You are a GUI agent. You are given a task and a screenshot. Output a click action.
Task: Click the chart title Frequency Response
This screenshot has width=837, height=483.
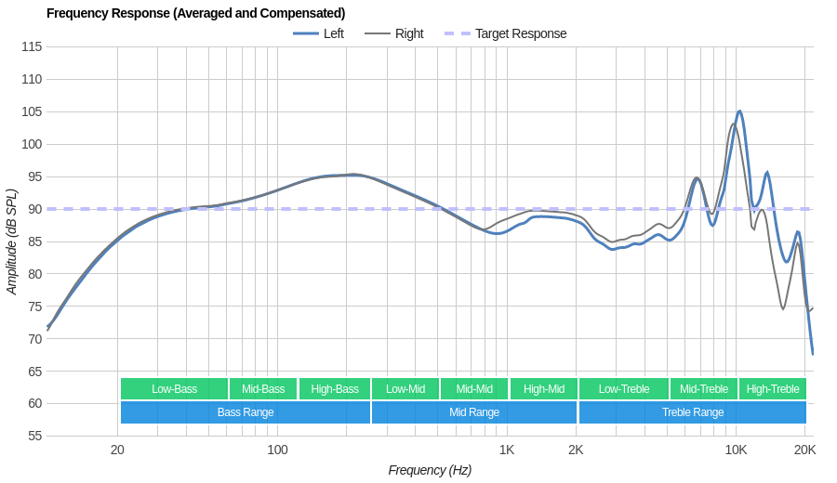click(x=195, y=13)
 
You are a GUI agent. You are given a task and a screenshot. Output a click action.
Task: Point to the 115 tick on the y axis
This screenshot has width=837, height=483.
click(x=31, y=46)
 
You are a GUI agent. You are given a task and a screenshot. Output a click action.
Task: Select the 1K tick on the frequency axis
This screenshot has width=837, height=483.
click(x=506, y=450)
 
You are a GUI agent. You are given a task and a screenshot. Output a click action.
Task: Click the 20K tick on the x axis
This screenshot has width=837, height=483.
click(x=804, y=450)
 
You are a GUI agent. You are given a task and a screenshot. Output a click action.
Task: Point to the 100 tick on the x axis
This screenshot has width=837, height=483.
click(x=277, y=450)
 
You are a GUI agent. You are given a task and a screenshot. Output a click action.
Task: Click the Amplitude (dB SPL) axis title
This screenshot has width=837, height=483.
click(x=12, y=241)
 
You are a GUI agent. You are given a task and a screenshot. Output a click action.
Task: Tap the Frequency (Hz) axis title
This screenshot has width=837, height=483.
click(x=430, y=470)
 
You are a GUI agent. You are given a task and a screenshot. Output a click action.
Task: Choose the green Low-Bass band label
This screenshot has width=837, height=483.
click(x=174, y=389)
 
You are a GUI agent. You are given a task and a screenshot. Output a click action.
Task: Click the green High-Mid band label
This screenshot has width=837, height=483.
click(x=543, y=389)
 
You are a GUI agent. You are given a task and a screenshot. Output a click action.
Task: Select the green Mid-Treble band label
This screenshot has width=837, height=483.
click(x=704, y=389)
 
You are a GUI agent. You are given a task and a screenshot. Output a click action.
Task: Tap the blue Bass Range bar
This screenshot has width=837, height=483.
click(x=246, y=412)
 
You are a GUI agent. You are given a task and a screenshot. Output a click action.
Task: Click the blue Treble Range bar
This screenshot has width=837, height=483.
click(x=692, y=412)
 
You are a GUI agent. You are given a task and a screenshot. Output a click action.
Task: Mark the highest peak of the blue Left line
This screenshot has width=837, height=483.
click(x=739, y=111)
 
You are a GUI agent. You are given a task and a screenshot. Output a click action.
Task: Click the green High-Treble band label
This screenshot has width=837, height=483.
click(x=773, y=389)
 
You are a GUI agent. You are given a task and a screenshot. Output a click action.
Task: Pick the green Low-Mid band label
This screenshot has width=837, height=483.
click(x=405, y=389)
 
